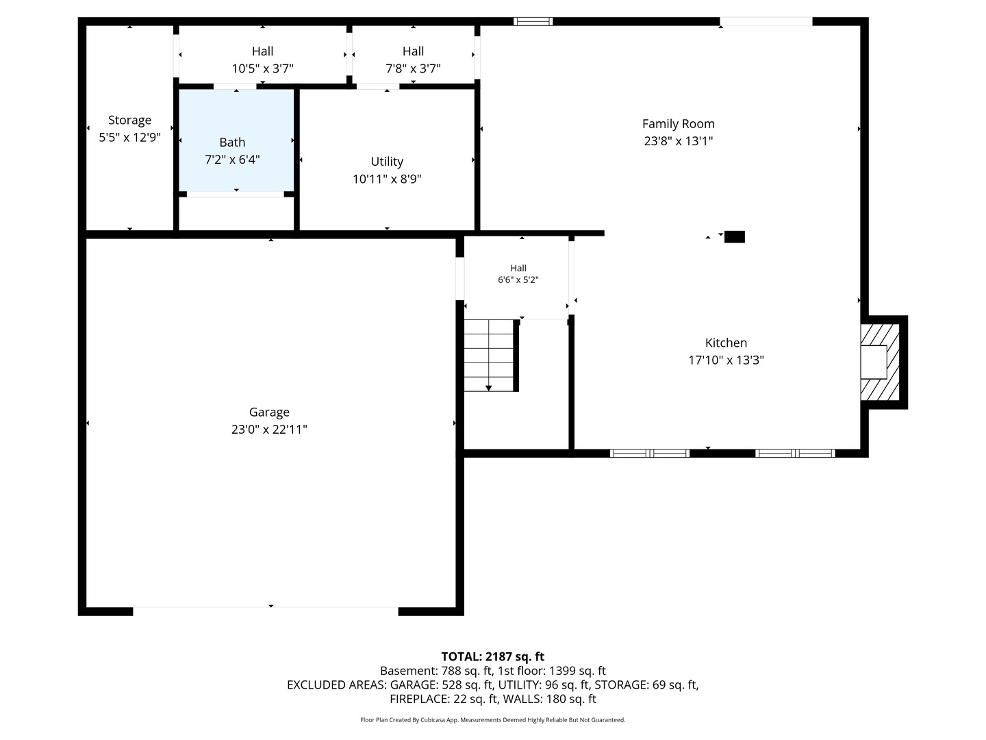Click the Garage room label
coord(269,412)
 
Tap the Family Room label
coord(679,123)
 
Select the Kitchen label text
coord(726,343)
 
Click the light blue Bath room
coord(236,140)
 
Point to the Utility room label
coord(387,161)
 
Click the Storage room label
coord(129,121)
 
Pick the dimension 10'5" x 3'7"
coord(262,69)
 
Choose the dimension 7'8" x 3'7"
coord(413,69)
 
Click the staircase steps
coord(489,356)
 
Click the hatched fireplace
coord(880,362)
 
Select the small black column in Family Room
coord(735,237)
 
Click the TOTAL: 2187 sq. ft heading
coord(492,657)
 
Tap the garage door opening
coord(266,611)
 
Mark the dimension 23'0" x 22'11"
coord(269,430)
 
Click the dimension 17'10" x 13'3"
coord(726,360)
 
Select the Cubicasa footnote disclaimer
coord(492,720)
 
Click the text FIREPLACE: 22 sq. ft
coord(444,699)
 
